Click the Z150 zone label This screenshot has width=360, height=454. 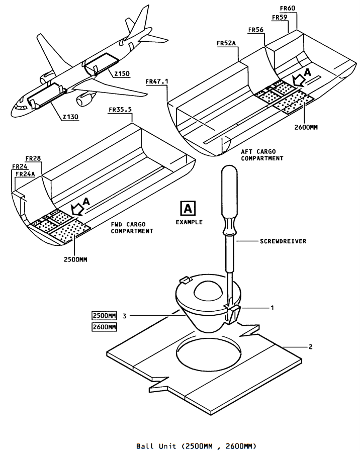(122, 74)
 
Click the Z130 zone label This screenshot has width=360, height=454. (71, 117)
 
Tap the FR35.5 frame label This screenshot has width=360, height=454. (120, 110)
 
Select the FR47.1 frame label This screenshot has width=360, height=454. (157, 81)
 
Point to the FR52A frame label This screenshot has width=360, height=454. (226, 43)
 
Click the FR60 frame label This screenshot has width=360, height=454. (288, 8)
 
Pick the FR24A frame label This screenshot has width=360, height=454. (25, 174)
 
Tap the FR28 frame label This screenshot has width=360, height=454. (33, 158)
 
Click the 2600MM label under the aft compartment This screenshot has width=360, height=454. (306, 127)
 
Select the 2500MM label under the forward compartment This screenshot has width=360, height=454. (75, 259)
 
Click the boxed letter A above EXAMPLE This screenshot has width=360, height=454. (188, 208)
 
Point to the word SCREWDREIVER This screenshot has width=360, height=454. (283, 241)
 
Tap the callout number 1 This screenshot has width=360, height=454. (272, 308)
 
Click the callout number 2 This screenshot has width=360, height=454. (311, 346)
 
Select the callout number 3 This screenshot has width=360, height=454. (125, 316)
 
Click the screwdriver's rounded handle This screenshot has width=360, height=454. (229, 197)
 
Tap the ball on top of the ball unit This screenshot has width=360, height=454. (208, 290)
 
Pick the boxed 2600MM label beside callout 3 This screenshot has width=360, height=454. (104, 327)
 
